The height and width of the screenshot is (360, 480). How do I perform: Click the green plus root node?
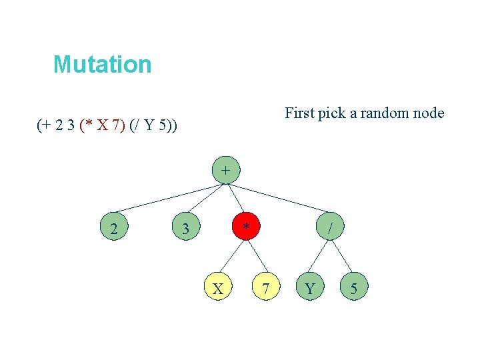click(x=226, y=171)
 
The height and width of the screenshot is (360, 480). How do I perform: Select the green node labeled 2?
click(x=115, y=229)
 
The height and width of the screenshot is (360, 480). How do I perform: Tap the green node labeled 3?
click(x=186, y=229)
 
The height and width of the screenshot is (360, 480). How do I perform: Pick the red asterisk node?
click(x=246, y=229)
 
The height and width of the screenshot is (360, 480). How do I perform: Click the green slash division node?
click(x=330, y=229)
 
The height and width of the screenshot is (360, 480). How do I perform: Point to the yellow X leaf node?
click(x=217, y=289)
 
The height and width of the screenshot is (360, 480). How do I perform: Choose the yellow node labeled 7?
click(x=266, y=289)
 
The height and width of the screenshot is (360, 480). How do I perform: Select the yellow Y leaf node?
click(x=309, y=289)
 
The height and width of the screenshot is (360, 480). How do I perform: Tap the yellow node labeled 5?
click(x=353, y=289)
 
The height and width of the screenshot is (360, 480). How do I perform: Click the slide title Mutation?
click(x=103, y=65)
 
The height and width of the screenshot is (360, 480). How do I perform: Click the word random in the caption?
click(x=385, y=113)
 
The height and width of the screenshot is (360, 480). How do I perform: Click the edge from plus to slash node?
click(x=280, y=200)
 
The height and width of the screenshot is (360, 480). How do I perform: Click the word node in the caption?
click(x=429, y=113)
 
